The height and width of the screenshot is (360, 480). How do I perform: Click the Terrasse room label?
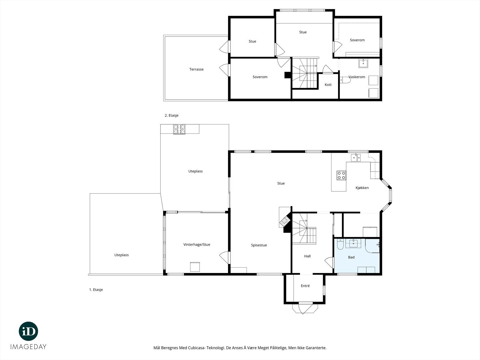[196, 69]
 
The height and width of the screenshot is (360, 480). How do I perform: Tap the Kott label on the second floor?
[328, 85]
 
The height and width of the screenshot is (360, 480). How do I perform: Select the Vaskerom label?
[357, 77]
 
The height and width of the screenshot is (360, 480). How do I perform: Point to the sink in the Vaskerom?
[363, 63]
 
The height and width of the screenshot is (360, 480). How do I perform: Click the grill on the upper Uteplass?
[179, 129]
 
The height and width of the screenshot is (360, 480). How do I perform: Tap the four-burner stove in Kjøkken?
[341, 175]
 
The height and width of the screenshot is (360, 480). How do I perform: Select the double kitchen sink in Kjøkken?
[356, 157]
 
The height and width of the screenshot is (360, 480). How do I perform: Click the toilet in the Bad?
[340, 244]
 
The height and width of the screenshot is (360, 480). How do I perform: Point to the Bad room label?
[351, 257]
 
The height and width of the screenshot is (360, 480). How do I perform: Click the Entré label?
[305, 286]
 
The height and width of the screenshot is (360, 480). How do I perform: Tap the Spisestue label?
[259, 245]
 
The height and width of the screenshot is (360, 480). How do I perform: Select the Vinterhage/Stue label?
[197, 244]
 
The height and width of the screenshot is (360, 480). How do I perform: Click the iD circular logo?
[28, 331]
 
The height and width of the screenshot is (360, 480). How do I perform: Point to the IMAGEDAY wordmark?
[28, 347]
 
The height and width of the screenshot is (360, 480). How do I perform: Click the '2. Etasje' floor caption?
[171, 115]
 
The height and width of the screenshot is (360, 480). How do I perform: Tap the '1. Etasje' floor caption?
[96, 289]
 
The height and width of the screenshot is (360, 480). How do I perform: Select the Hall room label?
[307, 256]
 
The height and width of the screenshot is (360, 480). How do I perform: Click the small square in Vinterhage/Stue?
[195, 267]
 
